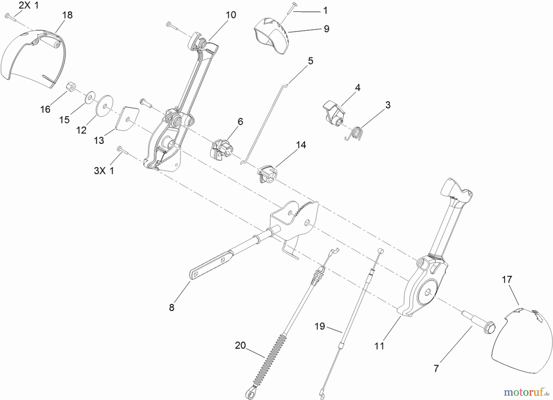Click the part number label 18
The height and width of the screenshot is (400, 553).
pyautogui.click(x=68, y=15)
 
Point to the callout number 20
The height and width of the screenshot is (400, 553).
pyautogui.click(x=241, y=345)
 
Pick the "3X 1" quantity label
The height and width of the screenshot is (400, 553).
pyautogui.click(x=104, y=171)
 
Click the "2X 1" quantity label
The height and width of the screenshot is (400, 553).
pyautogui.click(x=29, y=5)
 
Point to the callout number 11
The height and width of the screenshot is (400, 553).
pyautogui.click(x=379, y=346)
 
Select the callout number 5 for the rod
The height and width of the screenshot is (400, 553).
pyautogui.click(x=311, y=61)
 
